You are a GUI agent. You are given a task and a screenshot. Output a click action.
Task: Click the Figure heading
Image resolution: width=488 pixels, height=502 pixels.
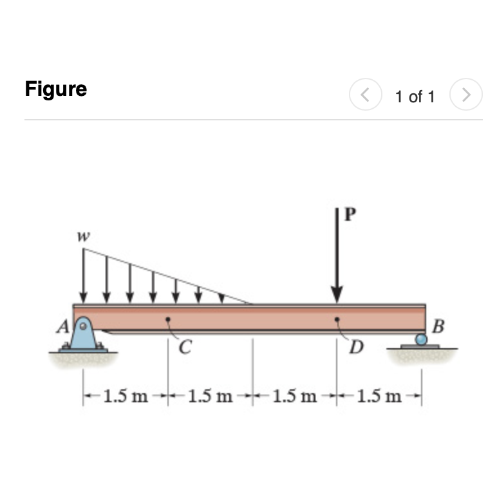[56, 89]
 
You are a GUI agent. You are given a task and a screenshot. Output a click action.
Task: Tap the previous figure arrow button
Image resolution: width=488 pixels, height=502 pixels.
[366, 95]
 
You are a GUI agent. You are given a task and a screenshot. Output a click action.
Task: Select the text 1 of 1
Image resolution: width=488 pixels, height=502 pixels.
[415, 97]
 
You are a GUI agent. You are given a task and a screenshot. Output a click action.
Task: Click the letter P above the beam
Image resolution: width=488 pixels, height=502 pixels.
[350, 214]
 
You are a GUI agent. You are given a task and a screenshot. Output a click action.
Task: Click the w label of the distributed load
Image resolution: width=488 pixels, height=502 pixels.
[84, 237]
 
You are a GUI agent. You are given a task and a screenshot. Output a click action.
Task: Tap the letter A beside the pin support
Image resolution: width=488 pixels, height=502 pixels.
[63, 326]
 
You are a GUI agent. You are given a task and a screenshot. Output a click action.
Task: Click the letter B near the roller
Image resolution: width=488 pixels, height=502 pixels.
[438, 326]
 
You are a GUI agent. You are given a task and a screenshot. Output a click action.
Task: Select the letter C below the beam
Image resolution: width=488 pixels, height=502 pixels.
[185, 347]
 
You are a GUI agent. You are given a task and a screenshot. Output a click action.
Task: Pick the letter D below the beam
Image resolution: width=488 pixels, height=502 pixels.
[357, 347]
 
